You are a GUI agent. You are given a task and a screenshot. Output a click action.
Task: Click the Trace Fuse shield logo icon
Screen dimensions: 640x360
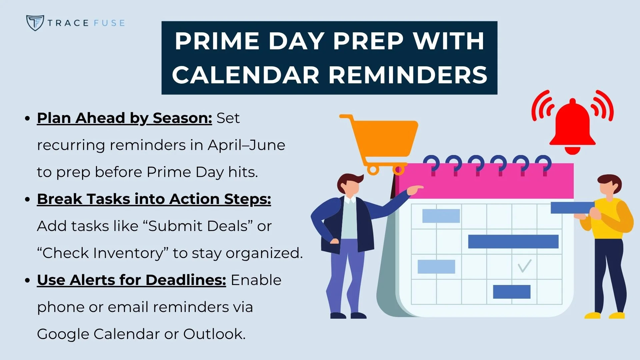[x=35, y=23]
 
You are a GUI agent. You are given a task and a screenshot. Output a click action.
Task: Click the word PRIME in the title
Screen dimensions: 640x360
[x=217, y=41]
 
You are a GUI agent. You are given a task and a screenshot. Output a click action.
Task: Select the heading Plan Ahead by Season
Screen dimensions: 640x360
[x=124, y=118]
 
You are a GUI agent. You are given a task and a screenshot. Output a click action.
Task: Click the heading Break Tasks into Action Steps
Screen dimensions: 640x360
[x=154, y=199]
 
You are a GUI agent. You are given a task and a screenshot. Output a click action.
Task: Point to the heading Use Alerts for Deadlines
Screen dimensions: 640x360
[x=132, y=280]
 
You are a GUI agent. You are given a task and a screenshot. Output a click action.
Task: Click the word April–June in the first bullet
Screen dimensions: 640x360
[x=246, y=145]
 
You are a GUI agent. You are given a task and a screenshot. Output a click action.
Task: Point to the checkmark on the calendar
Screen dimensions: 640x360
[x=524, y=266]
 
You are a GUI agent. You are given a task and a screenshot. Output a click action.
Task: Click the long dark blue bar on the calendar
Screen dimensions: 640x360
[x=513, y=242]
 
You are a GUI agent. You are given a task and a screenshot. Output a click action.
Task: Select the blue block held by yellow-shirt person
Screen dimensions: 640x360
[x=572, y=208]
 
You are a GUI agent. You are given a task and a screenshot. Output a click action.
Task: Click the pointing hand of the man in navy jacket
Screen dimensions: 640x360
[x=415, y=190]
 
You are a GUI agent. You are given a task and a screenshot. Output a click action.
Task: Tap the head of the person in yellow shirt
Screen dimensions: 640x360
[x=610, y=187]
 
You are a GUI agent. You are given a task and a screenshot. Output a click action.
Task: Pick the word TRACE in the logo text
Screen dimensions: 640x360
[x=68, y=23]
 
